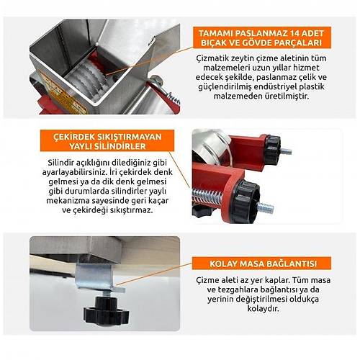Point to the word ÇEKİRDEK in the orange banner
[x=74, y=137]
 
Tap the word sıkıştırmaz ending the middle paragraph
[x=132, y=210]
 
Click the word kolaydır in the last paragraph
[x=264, y=308]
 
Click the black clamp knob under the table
[x=106, y=311]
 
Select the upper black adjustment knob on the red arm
[x=272, y=150]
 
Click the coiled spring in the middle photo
[x=207, y=197]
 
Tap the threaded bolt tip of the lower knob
[x=266, y=208]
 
